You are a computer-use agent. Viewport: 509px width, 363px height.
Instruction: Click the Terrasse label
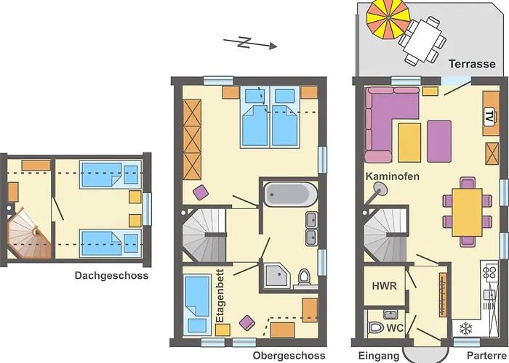pyautogui.click(x=472, y=64)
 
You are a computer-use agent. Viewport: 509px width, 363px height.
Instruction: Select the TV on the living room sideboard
pyautogui.click(x=489, y=116)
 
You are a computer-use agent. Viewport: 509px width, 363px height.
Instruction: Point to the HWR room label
pyautogui.click(x=385, y=285)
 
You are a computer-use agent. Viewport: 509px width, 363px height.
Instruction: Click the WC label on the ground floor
pyautogui.click(x=395, y=327)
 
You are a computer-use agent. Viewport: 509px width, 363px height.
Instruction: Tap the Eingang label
pyautogui.click(x=378, y=356)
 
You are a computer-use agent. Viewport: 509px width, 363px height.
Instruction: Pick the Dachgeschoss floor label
pyautogui.click(x=111, y=276)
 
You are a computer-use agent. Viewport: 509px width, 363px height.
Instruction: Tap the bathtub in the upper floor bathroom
pyautogui.click(x=290, y=195)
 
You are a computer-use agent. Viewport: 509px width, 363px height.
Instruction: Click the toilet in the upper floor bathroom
pyautogui.click(x=304, y=277)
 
